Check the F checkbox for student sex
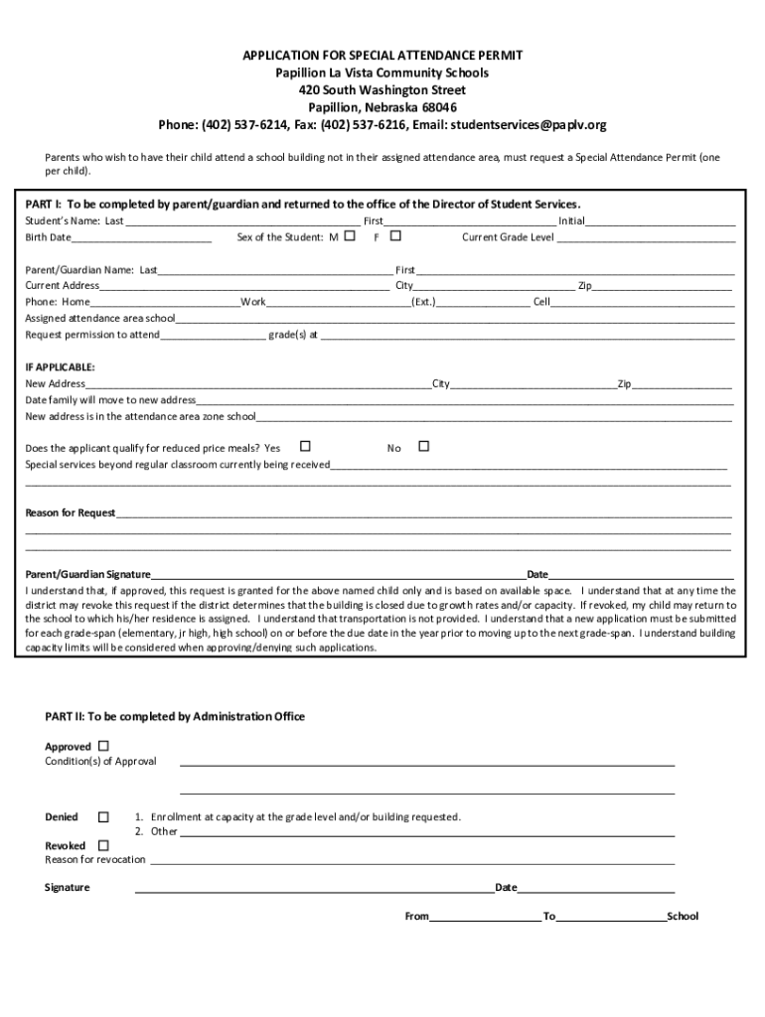point(395,236)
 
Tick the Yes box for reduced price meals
point(305,447)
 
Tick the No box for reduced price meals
point(423,447)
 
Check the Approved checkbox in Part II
point(103,746)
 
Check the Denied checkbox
point(103,816)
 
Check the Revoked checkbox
point(103,845)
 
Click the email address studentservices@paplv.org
point(528,125)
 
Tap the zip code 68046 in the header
point(440,107)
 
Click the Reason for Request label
point(71,513)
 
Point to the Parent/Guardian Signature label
point(87,574)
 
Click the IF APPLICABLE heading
point(61,366)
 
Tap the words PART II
point(65,716)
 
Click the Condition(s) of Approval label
point(100,761)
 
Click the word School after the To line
point(683,916)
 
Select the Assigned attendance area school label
point(99,319)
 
